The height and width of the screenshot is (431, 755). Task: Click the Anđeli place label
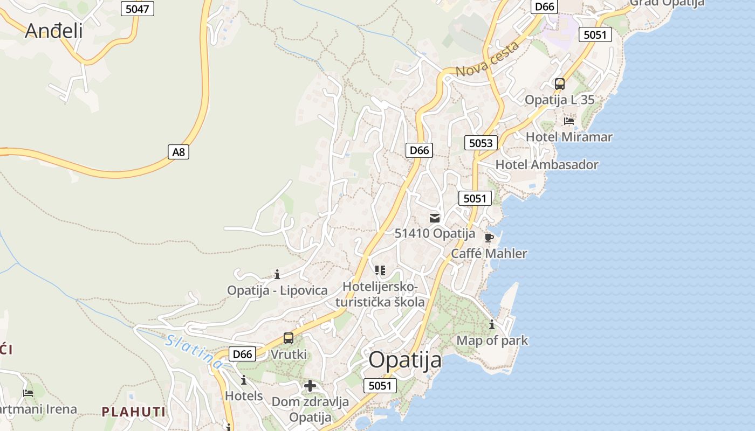(54, 31)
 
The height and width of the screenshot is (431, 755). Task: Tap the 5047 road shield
(137, 8)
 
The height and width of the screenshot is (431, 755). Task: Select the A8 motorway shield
(179, 152)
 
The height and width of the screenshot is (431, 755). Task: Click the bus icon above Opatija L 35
(560, 84)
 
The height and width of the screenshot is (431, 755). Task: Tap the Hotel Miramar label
(569, 137)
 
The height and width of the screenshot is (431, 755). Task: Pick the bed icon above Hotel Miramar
(569, 121)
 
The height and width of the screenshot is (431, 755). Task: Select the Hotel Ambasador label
(547, 165)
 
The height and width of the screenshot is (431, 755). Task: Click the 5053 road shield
(481, 143)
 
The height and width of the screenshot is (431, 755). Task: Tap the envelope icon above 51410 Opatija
(435, 218)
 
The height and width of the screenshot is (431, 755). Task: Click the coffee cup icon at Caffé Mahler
(489, 238)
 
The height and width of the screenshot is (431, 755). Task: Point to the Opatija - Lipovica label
(277, 290)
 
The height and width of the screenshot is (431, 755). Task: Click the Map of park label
(492, 340)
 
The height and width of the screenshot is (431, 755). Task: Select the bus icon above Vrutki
(289, 338)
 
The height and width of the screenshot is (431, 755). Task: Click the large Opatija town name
(405, 360)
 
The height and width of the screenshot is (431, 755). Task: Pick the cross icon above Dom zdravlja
(310, 386)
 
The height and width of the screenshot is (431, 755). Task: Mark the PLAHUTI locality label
(133, 412)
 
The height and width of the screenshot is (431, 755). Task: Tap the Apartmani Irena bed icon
(28, 393)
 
